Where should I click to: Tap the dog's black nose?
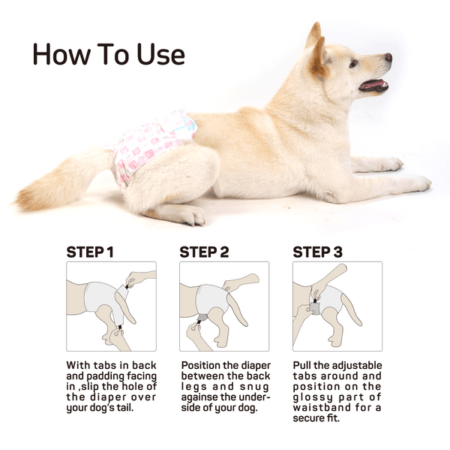tap(388, 57)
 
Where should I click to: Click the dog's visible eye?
tap(353, 63)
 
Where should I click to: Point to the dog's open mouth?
tap(372, 84)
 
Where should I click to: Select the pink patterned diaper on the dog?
tap(150, 146)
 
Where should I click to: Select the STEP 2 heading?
tap(204, 252)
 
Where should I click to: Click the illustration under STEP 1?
tap(111, 306)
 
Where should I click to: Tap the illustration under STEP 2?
tap(224, 306)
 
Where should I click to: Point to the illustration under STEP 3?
tap(337, 306)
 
